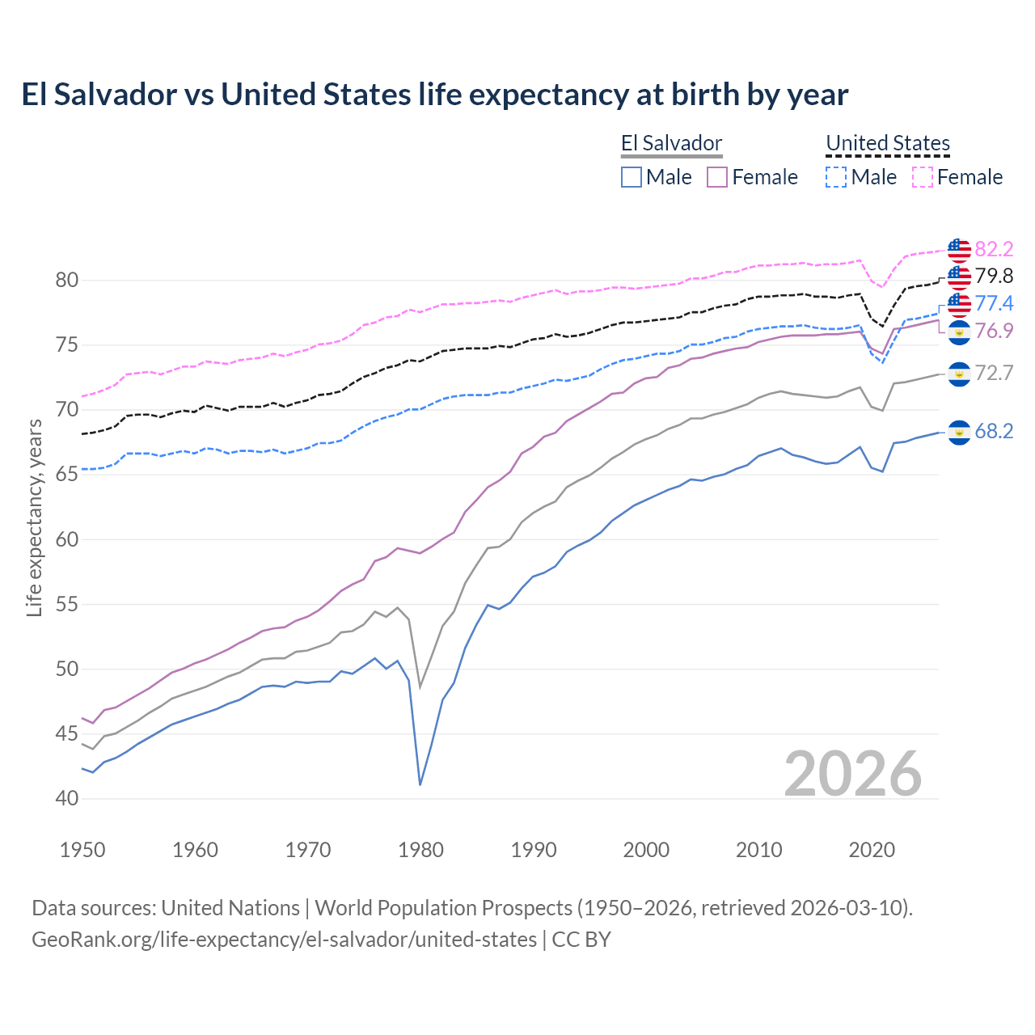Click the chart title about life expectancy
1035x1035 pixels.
434,95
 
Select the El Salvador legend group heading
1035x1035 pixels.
671,144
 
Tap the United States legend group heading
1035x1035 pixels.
887,144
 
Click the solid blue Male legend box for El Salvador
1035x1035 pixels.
632,177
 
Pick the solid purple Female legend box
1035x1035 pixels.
718,177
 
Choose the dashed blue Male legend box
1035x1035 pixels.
836,177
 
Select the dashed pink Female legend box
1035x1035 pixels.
923,177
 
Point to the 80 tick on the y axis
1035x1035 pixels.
67,281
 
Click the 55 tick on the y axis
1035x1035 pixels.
67,604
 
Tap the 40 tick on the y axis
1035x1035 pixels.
67,798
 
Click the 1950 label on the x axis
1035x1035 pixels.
82,850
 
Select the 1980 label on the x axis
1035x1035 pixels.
421,850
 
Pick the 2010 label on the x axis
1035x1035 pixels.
758,850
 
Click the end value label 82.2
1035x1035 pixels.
994,249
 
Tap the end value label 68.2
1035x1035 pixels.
994,432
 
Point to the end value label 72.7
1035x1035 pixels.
994,373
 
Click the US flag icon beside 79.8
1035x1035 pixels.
959,277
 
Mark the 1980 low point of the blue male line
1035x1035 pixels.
420,784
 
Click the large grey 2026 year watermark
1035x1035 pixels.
853,774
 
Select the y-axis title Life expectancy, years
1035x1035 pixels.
34,517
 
